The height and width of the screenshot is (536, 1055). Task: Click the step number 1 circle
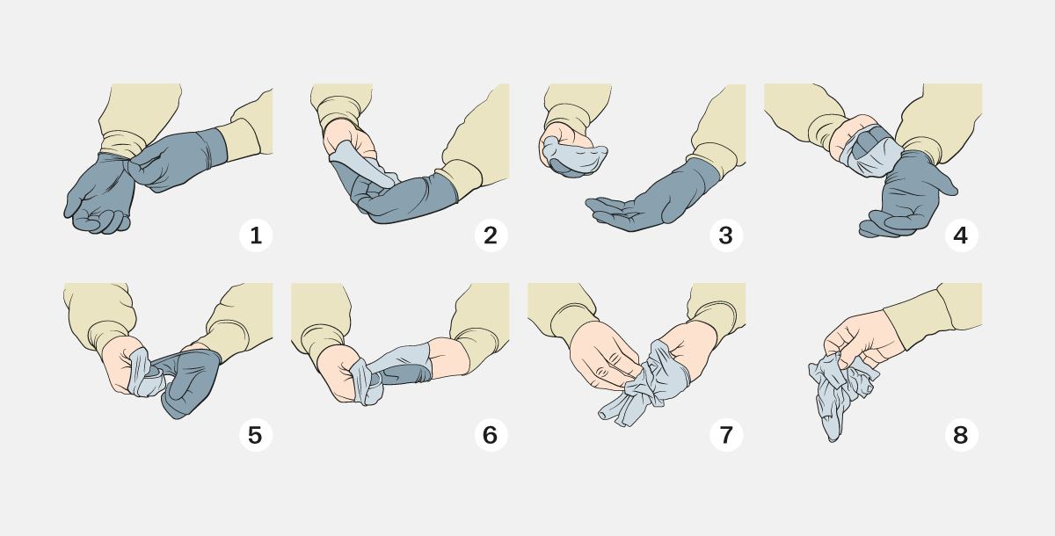point(256,235)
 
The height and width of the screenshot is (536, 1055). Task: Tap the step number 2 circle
point(491,235)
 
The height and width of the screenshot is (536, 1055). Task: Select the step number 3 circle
point(726,235)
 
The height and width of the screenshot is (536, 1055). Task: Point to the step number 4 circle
point(961,235)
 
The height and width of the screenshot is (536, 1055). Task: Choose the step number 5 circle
point(256,435)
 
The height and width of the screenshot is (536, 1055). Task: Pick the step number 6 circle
point(491,435)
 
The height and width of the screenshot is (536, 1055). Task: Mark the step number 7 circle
point(726,435)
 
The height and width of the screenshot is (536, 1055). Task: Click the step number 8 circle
point(961,435)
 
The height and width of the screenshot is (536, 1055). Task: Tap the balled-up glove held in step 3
point(572,156)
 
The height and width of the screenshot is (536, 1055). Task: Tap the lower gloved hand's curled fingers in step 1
point(101,221)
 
